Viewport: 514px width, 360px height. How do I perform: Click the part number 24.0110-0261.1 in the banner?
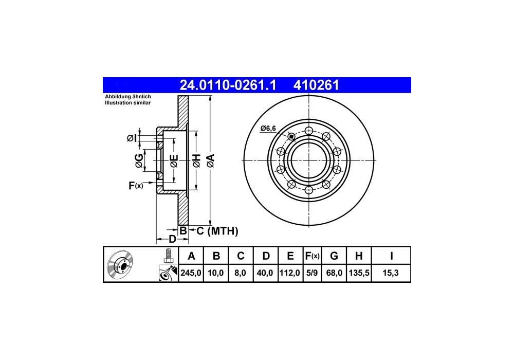point(228,85)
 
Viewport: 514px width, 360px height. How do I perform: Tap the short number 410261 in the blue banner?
point(316,85)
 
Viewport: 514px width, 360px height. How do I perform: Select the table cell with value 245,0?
point(191,273)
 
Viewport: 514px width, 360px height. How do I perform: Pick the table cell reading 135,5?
point(359,273)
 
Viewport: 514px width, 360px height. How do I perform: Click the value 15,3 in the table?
point(391,273)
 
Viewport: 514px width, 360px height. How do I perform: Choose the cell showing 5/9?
point(312,273)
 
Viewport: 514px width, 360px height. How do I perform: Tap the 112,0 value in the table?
point(290,273)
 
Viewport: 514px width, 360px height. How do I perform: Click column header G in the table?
point(334,256)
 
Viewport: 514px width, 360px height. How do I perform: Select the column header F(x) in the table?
point(312,256)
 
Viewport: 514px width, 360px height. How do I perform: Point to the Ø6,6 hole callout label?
point(268,129)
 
